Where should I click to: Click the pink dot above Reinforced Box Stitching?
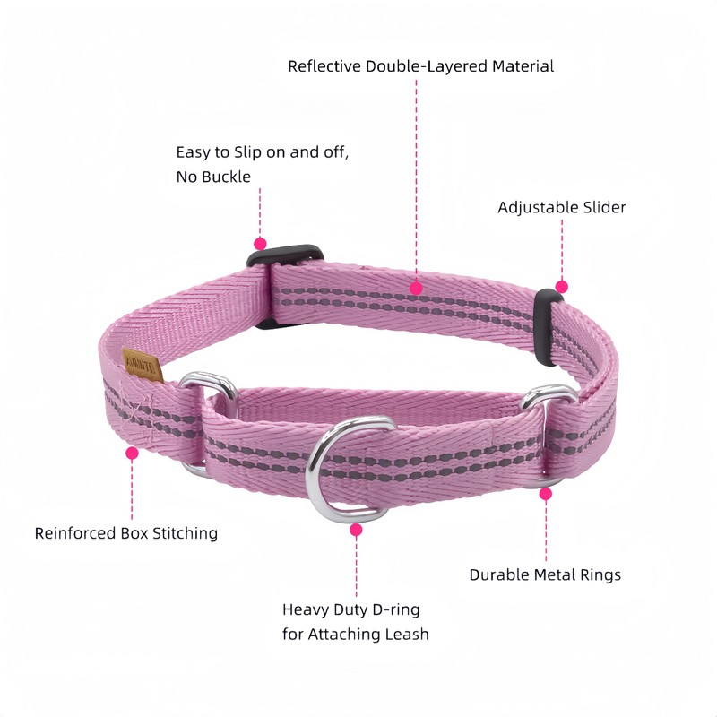[132, 454]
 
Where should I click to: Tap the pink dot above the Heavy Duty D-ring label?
[356, 530]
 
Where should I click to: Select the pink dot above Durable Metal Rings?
[546, 493]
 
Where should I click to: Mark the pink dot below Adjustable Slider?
[561, 287]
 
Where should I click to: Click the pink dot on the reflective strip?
[416, 288]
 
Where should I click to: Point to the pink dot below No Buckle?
[260, 243]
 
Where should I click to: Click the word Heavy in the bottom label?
[305, 609]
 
